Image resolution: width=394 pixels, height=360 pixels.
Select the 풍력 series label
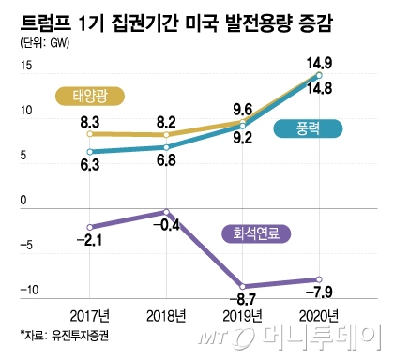click(301, 130)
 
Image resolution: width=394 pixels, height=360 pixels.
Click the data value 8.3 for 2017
click(91, 121)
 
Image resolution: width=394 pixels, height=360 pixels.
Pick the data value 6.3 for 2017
click(91, 164)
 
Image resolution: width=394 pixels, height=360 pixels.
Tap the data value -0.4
click(166, 226)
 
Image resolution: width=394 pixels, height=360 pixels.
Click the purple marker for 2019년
click(243, 286)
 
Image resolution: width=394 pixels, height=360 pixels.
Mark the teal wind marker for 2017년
click(89, 151)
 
